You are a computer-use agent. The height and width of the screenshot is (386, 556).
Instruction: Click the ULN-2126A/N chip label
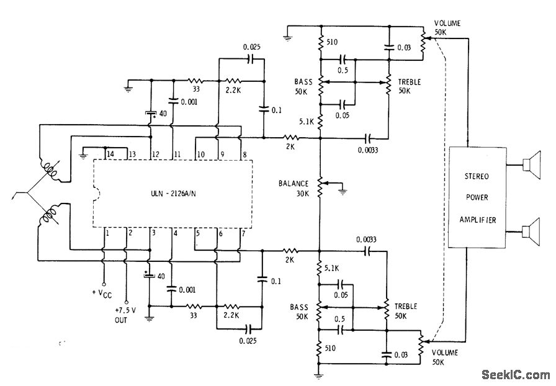tap(174, 192)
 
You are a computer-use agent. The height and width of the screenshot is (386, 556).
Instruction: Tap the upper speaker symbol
tap(529, 165)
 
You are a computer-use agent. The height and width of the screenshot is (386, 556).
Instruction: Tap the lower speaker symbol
tap(529, 233)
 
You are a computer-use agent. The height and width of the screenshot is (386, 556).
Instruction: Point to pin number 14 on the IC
tap(110, 154)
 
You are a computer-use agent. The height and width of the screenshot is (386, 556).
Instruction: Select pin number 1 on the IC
tap(107, 233)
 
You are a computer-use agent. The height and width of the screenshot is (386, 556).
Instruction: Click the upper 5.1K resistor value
tap(305, 122)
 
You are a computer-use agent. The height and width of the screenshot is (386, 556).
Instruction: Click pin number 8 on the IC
tap(244, 154)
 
